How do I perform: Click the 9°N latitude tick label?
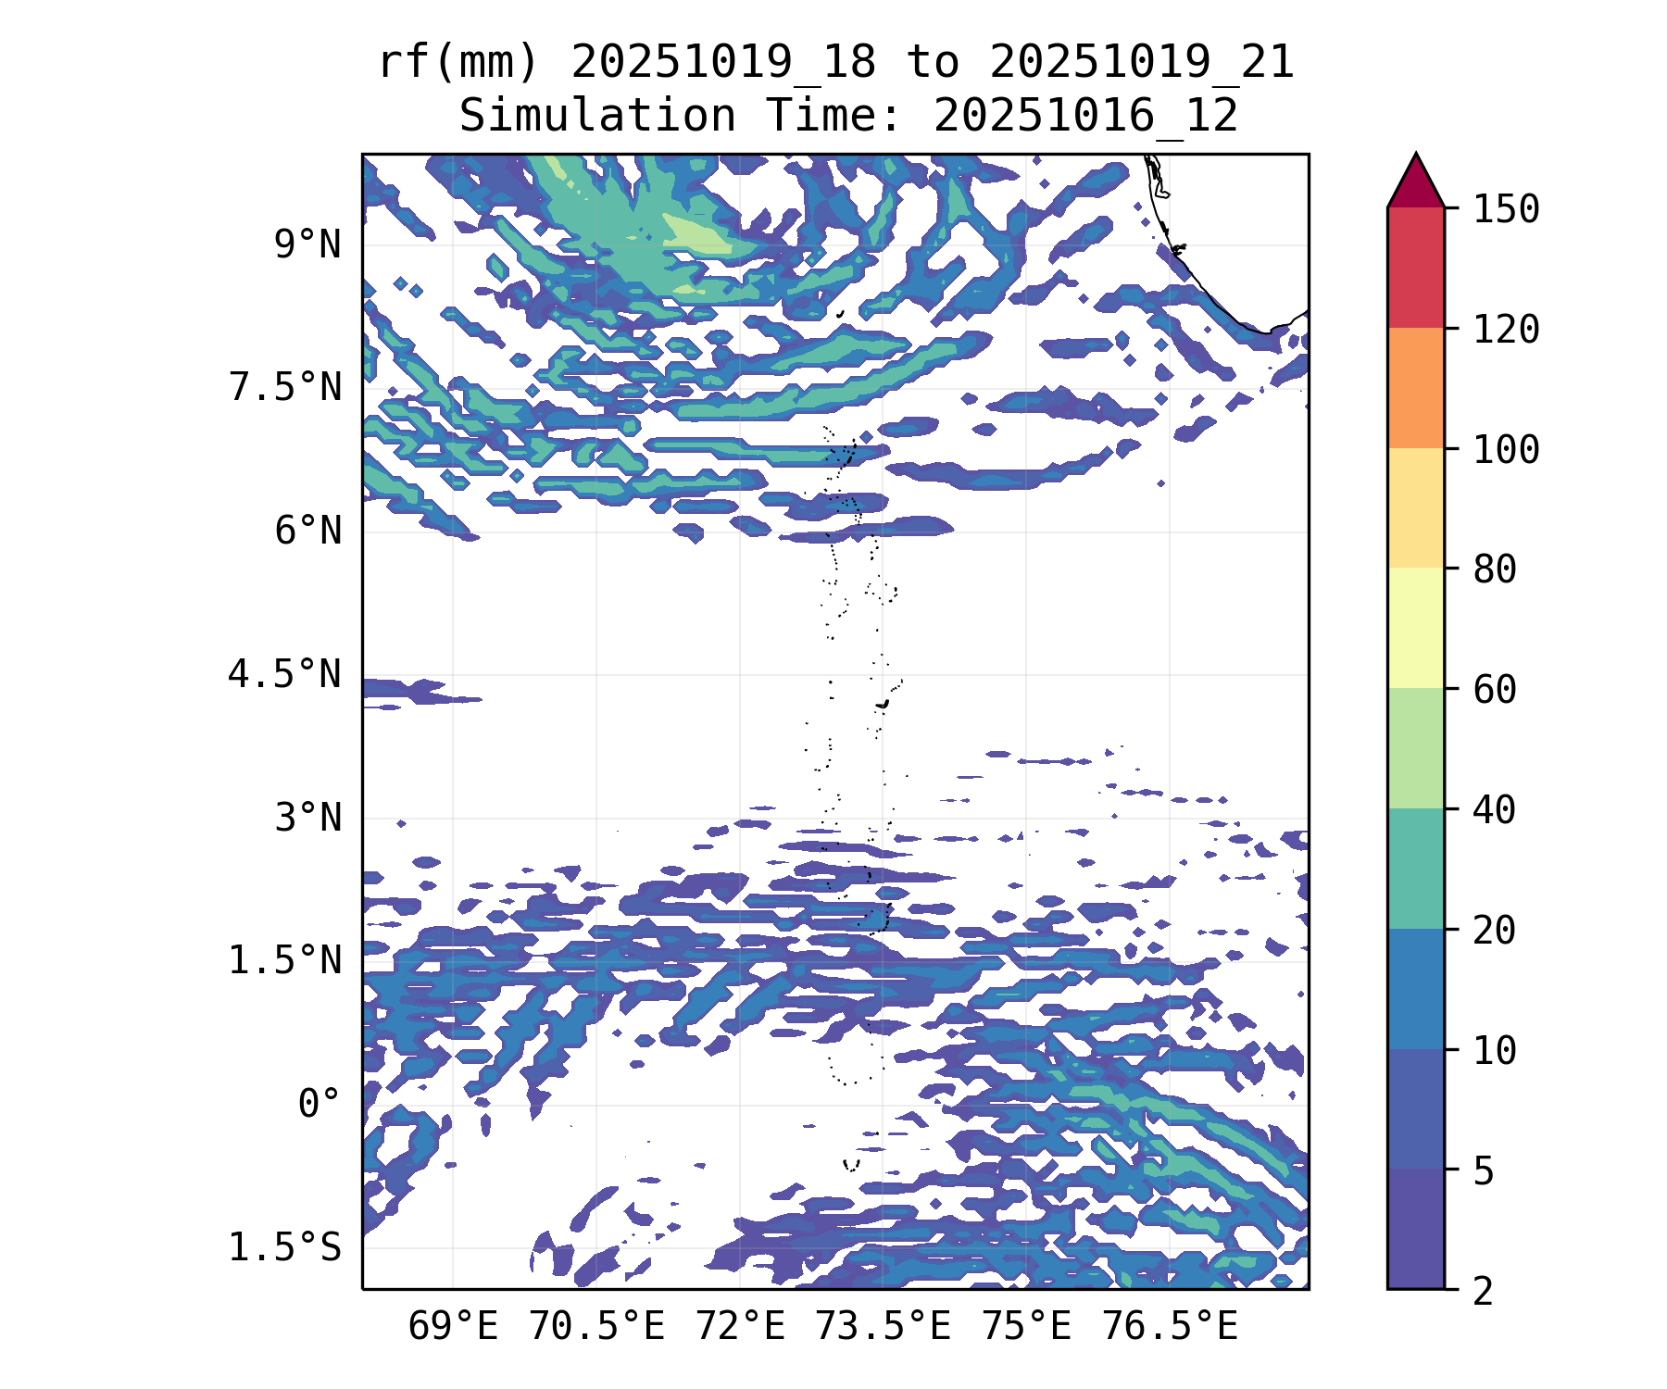[307, 245]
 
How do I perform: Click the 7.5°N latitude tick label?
[285, 388]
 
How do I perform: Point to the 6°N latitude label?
[307, 532]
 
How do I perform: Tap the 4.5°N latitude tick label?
[285, 674]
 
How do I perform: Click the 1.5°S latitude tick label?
[285, 1247]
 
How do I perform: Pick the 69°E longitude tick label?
[453, 1327]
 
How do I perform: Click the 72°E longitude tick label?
[740, 1327]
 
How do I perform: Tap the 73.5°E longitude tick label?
[883, 1327]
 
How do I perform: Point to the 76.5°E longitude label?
[1170, 1327]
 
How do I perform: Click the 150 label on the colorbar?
[1506, 209]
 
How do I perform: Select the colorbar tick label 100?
[1506, 450]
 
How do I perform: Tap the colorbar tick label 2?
[1484, 1290]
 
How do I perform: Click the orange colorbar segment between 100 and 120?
[1415, 388]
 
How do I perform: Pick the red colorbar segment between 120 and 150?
[1415, 268]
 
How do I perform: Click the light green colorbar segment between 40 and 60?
[1415, 748]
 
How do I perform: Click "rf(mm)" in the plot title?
[459, 63]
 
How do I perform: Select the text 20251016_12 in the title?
[1085, 117]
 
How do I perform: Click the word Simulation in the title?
[597, 117]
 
